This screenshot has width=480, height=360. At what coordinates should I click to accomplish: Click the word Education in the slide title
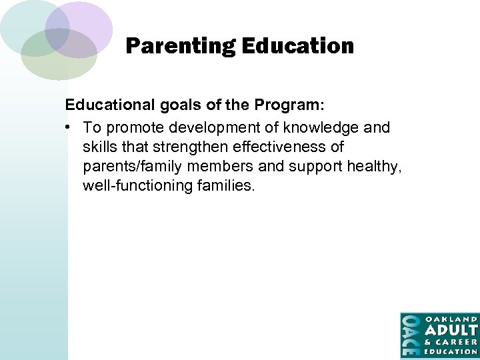click(297, 47)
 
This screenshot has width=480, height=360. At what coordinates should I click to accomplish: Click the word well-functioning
click(137, 185)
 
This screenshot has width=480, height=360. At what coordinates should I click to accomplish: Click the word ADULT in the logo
click(451, 331)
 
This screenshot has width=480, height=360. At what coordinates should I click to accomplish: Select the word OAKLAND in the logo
click(451, 319)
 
